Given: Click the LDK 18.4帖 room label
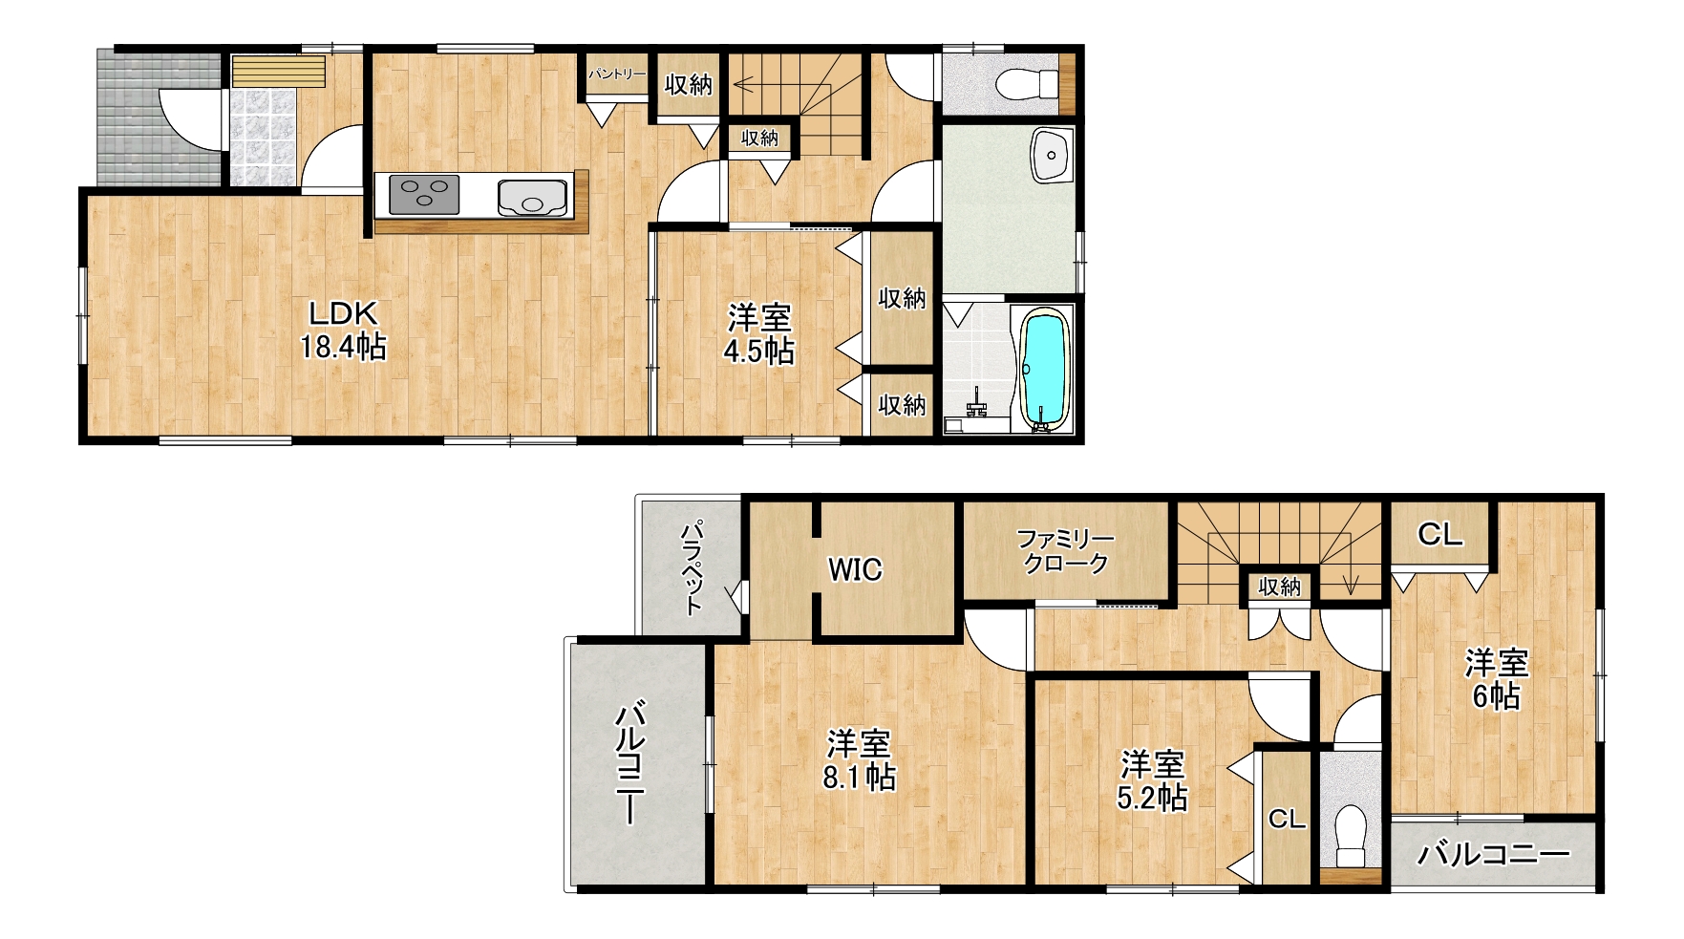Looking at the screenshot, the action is (344, 330).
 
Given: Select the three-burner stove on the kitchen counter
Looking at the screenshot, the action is (424, 195).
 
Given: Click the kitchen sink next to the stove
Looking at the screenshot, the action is (532, 196).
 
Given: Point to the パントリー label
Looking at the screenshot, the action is (617, 74).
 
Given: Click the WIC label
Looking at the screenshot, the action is (855, 570).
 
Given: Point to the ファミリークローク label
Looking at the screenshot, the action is (1065, 551).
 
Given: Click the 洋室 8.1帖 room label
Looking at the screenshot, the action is (859, 760).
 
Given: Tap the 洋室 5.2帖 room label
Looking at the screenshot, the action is (1152, 781).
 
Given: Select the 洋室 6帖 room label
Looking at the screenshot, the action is (1497, 679).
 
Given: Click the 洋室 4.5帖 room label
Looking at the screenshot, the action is (759, 333).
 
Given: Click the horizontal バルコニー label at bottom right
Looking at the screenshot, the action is (1493, 854).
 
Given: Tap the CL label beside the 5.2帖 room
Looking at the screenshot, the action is (1287, 819).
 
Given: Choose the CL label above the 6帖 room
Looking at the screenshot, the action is (1440, 535).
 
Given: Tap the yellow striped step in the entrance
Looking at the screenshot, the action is (278, 72).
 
